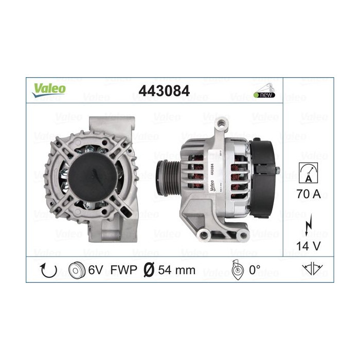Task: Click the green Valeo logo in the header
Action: coord(50,88)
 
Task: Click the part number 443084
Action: coord(164,91)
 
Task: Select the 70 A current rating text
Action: coord(309,195)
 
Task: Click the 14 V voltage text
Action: coord(309,246)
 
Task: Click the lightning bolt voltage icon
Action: coord(309,225)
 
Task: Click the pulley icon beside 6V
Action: coord(77,270)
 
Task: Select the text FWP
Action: coord(124,270)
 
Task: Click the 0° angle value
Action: coord(255,270)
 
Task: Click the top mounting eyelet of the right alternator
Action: coord(222,124)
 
